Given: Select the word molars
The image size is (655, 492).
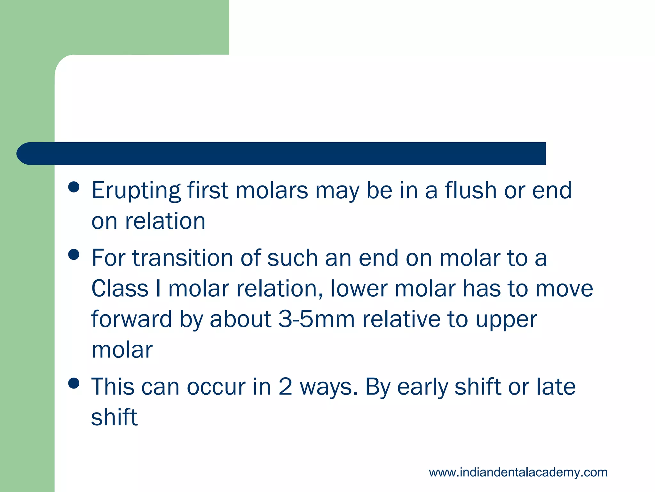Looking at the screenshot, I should tap(272, 190).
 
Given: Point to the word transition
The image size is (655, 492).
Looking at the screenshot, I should tap(183, 258).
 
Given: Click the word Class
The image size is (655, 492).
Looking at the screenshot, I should tap(120, 288).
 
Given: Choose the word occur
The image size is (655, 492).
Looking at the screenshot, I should tap(216, 387).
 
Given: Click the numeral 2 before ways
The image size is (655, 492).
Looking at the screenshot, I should tap(285, 387).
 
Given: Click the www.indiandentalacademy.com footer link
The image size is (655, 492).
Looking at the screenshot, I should tap(518, 472).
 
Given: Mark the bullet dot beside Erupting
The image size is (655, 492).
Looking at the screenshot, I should tap(74, 187).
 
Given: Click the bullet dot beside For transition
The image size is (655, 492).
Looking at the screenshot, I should tap(74, 255).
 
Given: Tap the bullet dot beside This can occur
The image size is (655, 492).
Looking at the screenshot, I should tap(74, 383).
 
